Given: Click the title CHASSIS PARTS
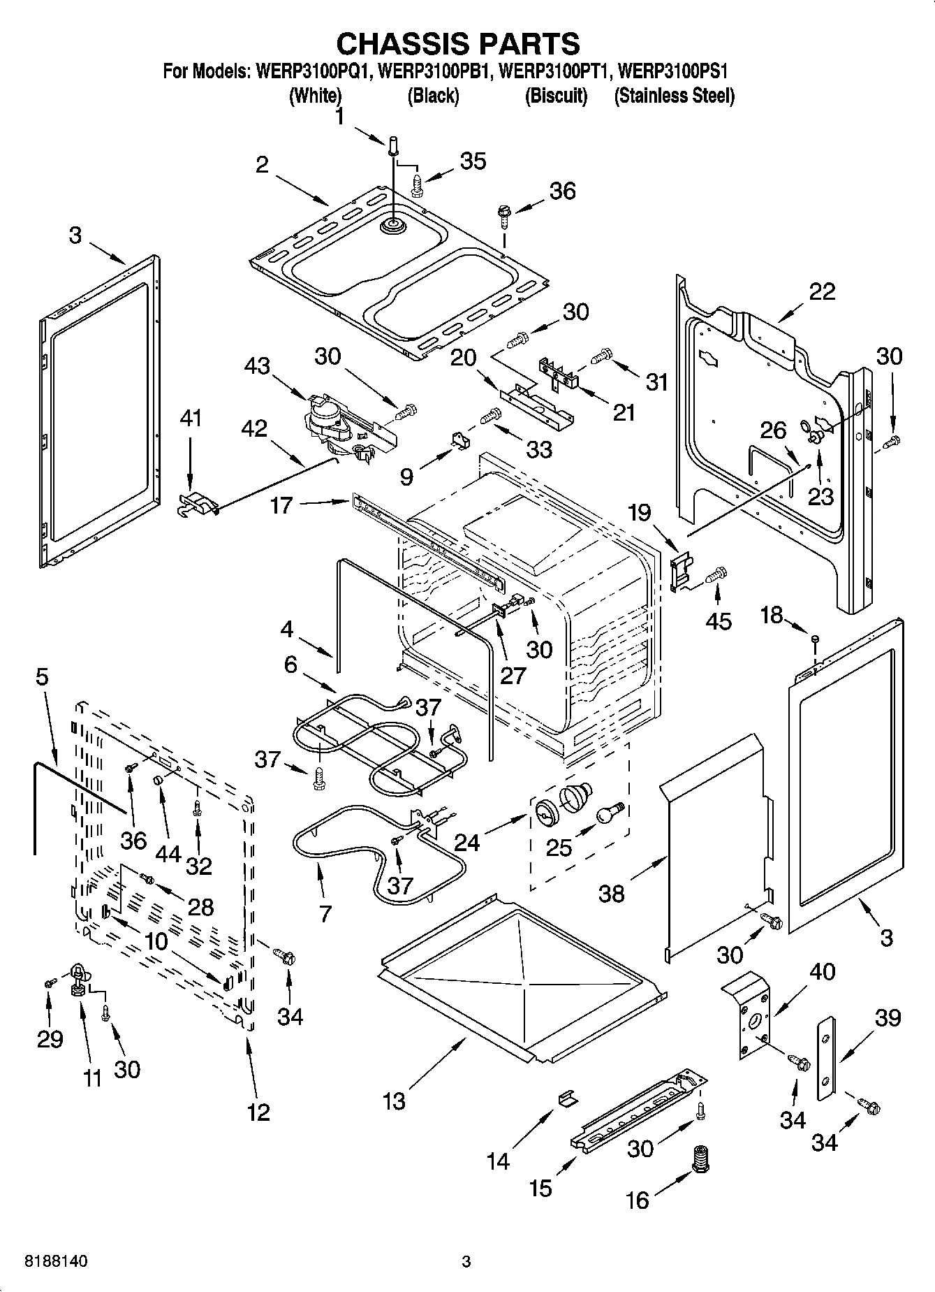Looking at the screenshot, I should [x=458, y=43].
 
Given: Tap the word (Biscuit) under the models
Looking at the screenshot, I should [x=556, y=96].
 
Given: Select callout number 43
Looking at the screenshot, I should [x=258, y=365].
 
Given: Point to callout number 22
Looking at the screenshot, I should [x=821, y=291].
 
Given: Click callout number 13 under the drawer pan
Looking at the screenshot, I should [x=394, y=1101].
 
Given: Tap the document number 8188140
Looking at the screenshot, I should [x=56, y=1262].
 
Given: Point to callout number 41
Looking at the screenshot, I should [x=190, y=419].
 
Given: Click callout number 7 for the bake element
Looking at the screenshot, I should [x=325, y=913].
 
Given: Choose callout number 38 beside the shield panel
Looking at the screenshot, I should [x=611, y=893].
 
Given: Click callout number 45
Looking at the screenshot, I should [x=719, y=620].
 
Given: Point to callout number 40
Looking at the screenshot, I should [x=821, y=972].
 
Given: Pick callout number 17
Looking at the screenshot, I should [x=281, y=505].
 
